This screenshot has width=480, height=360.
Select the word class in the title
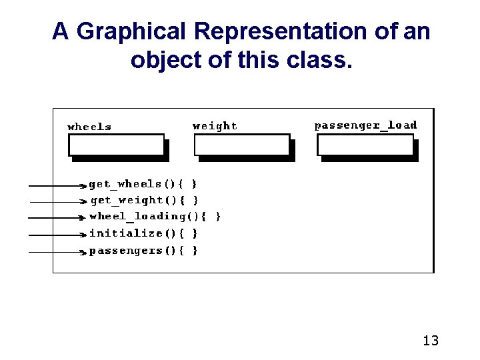click(x=317, y=60)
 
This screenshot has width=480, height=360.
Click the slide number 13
click(x=431, y=341)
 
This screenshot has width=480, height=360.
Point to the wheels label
click(x=89, y=127)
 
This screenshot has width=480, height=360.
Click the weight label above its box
click(x=215, y=126)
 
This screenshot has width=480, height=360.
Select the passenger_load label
click(x=365, y=125)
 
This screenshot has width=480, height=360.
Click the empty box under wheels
click(x=117, y=145)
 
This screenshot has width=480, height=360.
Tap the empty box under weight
click(x=242, y=145)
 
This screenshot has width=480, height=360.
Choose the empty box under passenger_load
click(x=365, y=145)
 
